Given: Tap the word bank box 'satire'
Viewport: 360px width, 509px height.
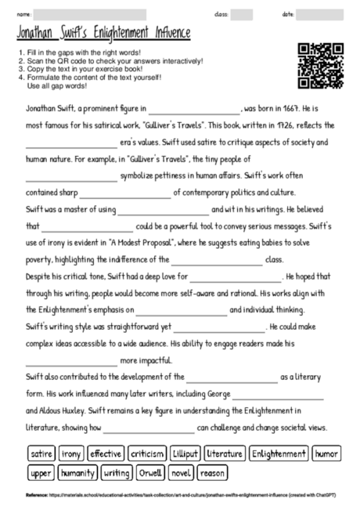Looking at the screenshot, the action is click(41, 453).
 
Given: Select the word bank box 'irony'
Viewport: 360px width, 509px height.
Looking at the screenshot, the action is click(71, 453).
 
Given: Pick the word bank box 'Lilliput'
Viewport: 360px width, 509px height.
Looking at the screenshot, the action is click(185, 453).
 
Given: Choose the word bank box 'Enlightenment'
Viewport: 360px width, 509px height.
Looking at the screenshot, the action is click(279, 453).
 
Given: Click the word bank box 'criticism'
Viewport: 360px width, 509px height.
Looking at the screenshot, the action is click(147, 453).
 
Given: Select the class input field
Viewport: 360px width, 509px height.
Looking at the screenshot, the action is click(242, 14).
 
